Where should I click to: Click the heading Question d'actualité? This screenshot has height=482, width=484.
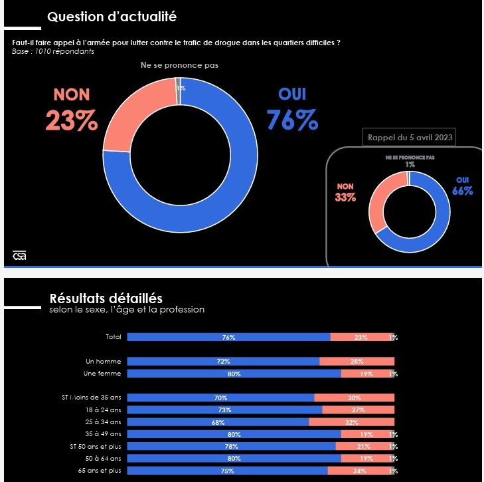112,16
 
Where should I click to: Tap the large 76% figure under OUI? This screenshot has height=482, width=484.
292,120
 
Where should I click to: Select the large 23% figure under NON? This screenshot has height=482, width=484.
72,120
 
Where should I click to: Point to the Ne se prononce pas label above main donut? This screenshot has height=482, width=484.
179,65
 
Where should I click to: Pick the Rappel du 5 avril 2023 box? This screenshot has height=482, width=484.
410,138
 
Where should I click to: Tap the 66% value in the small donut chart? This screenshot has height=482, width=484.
463,191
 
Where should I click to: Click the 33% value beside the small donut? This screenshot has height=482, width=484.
345,197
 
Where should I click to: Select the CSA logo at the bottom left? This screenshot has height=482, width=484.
19,255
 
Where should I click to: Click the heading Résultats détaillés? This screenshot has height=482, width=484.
106,299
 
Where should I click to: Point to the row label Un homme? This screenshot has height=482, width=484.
104,361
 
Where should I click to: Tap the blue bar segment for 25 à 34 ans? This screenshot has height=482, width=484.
218,422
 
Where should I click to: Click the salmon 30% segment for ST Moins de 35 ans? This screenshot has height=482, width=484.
354,398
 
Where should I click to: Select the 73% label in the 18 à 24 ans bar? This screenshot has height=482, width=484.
224,410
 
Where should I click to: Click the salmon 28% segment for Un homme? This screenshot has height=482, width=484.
357,361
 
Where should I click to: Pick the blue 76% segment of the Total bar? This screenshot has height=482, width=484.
228,337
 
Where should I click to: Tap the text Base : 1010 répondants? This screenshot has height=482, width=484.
53,51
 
